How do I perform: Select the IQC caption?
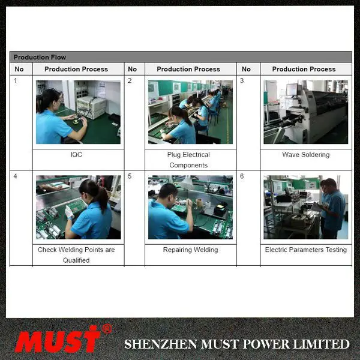76,155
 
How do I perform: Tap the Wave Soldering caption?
305,155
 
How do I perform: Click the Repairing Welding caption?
190,250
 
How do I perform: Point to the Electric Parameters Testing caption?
305,250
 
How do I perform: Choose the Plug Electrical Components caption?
188,160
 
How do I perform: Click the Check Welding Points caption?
76,255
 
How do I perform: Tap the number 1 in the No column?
16,80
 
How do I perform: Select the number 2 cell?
130,80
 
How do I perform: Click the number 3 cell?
242,80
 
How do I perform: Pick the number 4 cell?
16,176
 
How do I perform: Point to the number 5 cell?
130,176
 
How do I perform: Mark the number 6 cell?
242,176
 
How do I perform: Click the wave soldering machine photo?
305,112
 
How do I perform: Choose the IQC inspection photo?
78,112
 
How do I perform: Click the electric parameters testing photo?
305,207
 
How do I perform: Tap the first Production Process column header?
76,69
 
